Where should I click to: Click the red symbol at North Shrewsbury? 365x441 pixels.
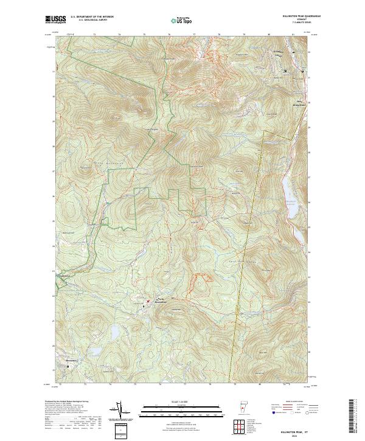pos(147,300)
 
